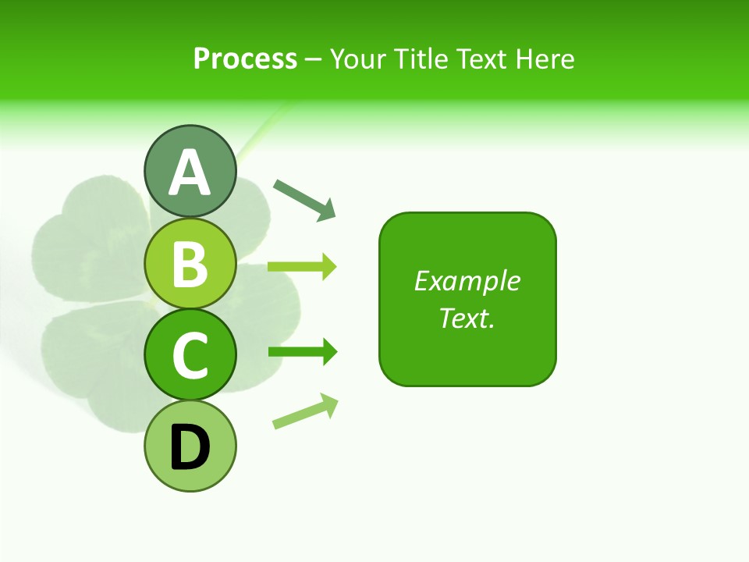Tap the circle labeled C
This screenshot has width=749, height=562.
(190, 355)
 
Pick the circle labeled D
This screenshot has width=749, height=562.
(190, 446)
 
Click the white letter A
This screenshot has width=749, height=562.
(190, 173)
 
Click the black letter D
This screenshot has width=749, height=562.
(190, 448)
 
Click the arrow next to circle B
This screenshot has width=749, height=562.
(302, 267)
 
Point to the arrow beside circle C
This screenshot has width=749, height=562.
(302, 352)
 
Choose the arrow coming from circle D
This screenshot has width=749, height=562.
(305, 412)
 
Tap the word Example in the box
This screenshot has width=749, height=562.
(467, 281)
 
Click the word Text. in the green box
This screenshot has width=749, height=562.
(467, 318)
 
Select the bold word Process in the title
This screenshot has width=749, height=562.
(245, 59)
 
